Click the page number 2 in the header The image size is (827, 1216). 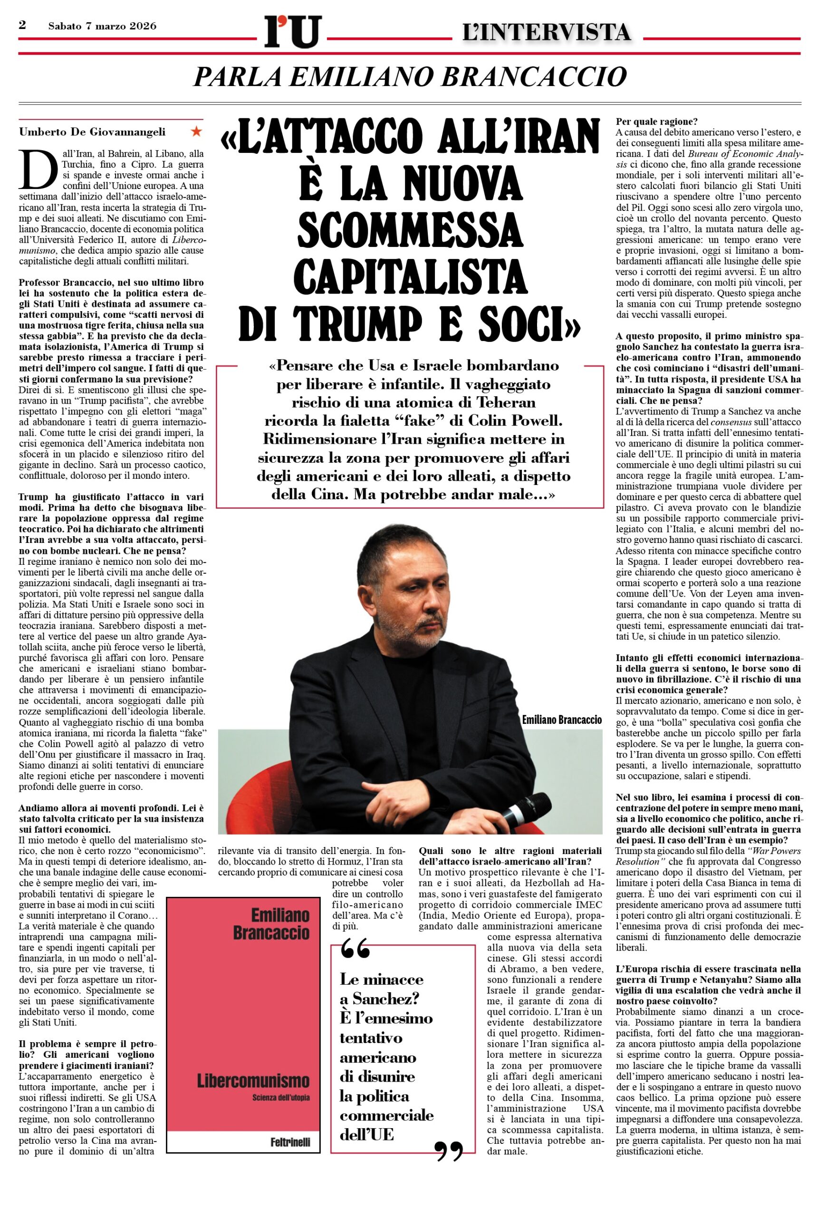click(x=22, y=25)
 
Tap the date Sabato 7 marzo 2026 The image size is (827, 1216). click(x=102, y=26)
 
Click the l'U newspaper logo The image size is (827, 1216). click(x=293, y=32)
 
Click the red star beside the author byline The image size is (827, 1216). click(x=196, y=131)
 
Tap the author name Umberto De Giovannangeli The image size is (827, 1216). click(x=92, y=132)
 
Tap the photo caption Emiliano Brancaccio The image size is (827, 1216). click(x=562, y=720)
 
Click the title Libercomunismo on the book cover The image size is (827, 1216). click(x=253, y=1081)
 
